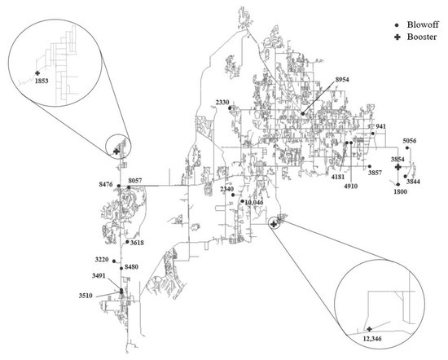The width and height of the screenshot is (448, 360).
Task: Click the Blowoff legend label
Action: click(423, 24)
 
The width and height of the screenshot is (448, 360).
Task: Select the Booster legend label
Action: click(422, 37)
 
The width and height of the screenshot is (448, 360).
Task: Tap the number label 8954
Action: click(342, 80)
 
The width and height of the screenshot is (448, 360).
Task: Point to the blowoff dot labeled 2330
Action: click(230, 108)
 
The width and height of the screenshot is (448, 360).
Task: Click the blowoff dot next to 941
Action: click(373, 134)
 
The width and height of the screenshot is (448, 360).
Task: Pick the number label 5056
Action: click(410, 141)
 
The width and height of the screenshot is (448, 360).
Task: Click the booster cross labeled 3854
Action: click(397, 167)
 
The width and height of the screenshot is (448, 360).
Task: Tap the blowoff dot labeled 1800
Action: click(397, 184)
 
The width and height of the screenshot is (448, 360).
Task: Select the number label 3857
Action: click(375, 173)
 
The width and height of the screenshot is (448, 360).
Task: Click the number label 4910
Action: click(350, 187)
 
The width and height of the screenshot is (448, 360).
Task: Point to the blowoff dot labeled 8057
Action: click(129, 187)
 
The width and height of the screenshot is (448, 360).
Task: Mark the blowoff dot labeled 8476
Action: click(119, 186)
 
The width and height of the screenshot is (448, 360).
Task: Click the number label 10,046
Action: click(254, 203)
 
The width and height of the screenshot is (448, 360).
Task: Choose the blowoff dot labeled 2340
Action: click(233, 195)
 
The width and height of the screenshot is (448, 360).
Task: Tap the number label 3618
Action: click(137, 244)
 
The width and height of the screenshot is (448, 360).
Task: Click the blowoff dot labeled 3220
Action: click(114, 261)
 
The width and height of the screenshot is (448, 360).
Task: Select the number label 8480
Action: click(131, 267)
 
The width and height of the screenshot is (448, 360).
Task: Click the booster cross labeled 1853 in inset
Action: click(37, 73)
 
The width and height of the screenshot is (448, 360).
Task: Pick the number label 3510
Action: click(86, 296)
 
